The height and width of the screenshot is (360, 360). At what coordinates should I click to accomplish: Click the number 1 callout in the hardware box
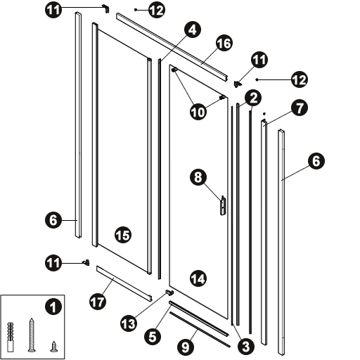pyautogui.click(x=53, y=307)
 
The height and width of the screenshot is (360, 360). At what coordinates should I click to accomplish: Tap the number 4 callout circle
pyautogui.click(x=193, y=30)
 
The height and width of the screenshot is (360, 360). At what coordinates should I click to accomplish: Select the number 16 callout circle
pyautogui.click(x=224, y=43)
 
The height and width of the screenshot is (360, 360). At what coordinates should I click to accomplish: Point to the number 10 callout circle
pyautogui.click(x=198, y=112)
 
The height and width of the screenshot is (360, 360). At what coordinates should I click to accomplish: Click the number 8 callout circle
pyautogui.click(x=198, y=177)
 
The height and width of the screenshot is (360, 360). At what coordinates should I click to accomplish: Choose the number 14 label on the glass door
pyautogui.click(x=198, y=279)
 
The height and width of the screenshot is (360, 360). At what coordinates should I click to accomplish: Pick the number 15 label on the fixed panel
pyautogui.click(x=123, y=235)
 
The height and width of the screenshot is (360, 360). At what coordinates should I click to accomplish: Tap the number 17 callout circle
pyautogui.click(x=98, y=302)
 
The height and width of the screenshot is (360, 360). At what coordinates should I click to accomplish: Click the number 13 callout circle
pyautogui.click(x=129, y=323)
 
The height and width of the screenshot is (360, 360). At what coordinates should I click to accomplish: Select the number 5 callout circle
pyautogui.click(x=153, y=337)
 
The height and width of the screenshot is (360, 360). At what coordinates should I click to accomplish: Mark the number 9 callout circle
pyautogui.click(x=186, y=347)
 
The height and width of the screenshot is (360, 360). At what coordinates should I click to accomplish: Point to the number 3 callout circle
pyautogui.click(x=246, y=347)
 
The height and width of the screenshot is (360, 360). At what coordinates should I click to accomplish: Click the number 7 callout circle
pyautogui.click(x=300, y=108)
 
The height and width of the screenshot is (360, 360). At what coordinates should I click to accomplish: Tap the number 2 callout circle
pyautogui.click(x=253, y=98)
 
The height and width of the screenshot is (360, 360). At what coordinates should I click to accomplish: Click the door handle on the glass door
pyautogui.click(x=223, y=205)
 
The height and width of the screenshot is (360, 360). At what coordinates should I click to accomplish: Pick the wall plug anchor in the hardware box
pyautogui.click(x=11, y=337)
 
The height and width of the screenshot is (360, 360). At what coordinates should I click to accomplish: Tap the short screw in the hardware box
pyautogui.click(x=53, y=347)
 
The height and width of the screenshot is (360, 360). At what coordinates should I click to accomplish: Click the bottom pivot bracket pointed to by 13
pyautogui.click(x=169, y=292)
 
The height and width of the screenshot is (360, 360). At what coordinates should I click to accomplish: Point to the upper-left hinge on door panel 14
pyautogui.click(x=175, y=70)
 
